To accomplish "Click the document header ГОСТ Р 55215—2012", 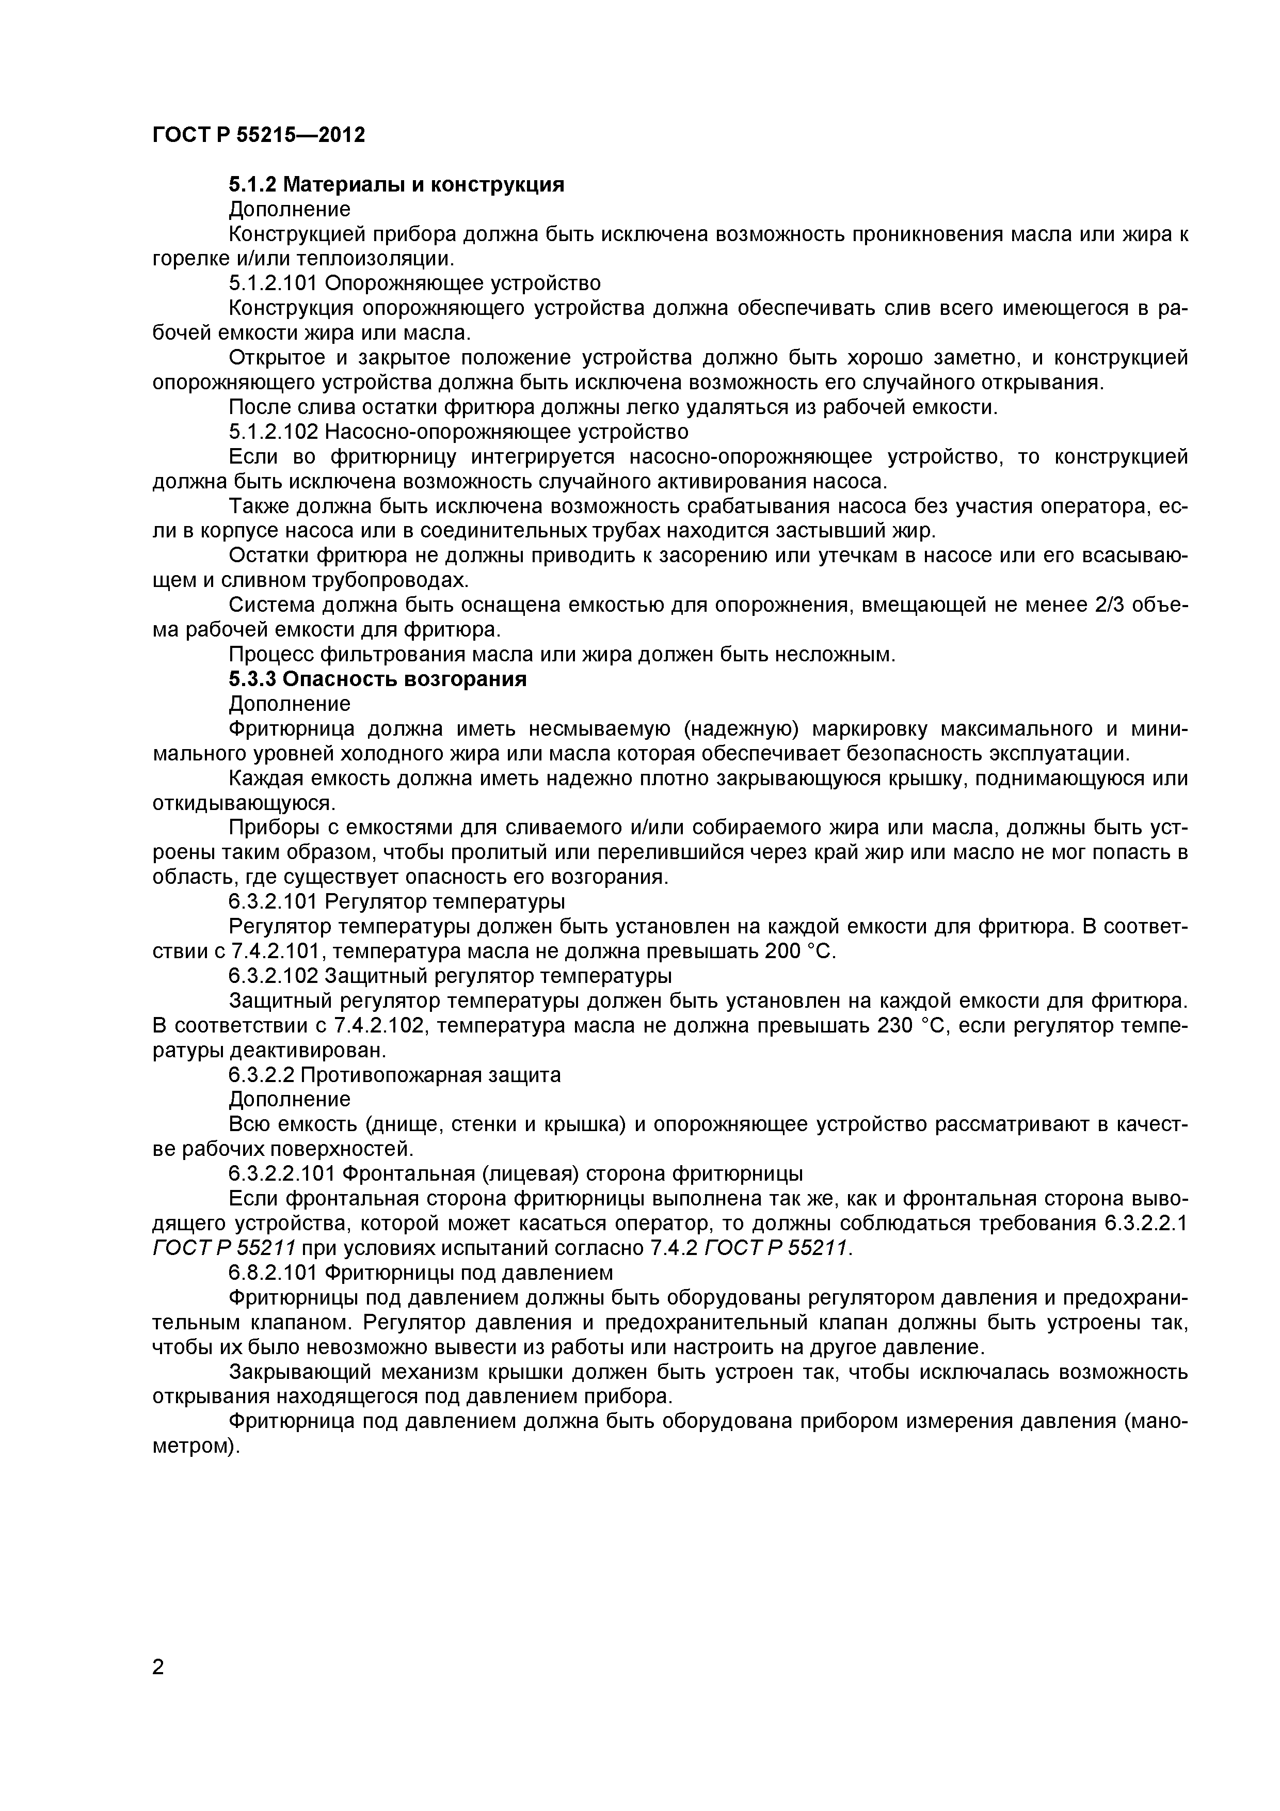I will click(258, 135).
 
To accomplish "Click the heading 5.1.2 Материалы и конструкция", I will click(397, 185).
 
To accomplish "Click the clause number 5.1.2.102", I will click(273, 432).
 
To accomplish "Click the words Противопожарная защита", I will click(430, 1075).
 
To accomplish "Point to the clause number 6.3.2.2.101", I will click(273, 1174).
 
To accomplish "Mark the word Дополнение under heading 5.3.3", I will click(290, 704).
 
